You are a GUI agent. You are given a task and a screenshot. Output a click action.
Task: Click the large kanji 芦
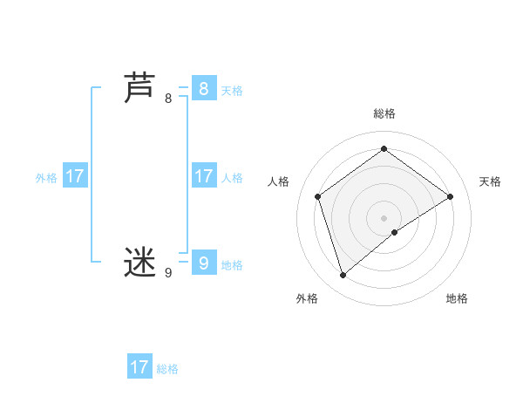tap(140, 89)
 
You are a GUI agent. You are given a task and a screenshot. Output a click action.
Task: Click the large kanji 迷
tap(140, 263)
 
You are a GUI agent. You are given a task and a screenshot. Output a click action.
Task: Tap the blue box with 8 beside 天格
tap(203, 88)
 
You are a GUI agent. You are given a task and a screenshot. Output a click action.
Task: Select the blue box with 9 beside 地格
tap(203, 263)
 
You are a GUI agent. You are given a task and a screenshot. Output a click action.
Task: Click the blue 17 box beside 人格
tap(203, 176)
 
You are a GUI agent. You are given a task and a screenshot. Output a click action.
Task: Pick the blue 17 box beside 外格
tap(75, 176)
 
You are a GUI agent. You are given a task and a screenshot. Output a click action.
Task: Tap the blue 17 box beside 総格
tap(139, 367)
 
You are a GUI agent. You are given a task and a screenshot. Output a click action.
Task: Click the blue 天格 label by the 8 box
tap(232, 91)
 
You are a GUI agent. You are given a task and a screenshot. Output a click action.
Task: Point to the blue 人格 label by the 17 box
tap(232, 178)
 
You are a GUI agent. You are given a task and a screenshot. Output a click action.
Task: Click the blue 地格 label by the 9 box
tap(232, 265)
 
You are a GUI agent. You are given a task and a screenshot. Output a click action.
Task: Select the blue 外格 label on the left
tap(46, 178)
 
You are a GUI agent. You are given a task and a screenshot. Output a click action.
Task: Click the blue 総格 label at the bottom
tap(167, 369)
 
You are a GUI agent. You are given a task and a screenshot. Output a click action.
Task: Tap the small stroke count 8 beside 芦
tap(168, 99)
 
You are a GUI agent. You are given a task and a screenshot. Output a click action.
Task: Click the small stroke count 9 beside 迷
tap(168, 273)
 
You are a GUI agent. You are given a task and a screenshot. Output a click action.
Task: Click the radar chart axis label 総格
tap(384, 113)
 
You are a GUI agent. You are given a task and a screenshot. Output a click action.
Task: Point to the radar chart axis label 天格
tap(490, 181)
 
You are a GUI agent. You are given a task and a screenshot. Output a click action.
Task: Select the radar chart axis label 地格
tap(457, 298)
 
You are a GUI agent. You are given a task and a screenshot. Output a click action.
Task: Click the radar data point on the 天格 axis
tap(450, 196)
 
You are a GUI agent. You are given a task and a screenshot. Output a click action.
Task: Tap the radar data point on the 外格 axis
tap(343, 276)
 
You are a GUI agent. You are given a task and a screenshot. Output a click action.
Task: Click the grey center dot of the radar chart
tap(384, 217)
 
